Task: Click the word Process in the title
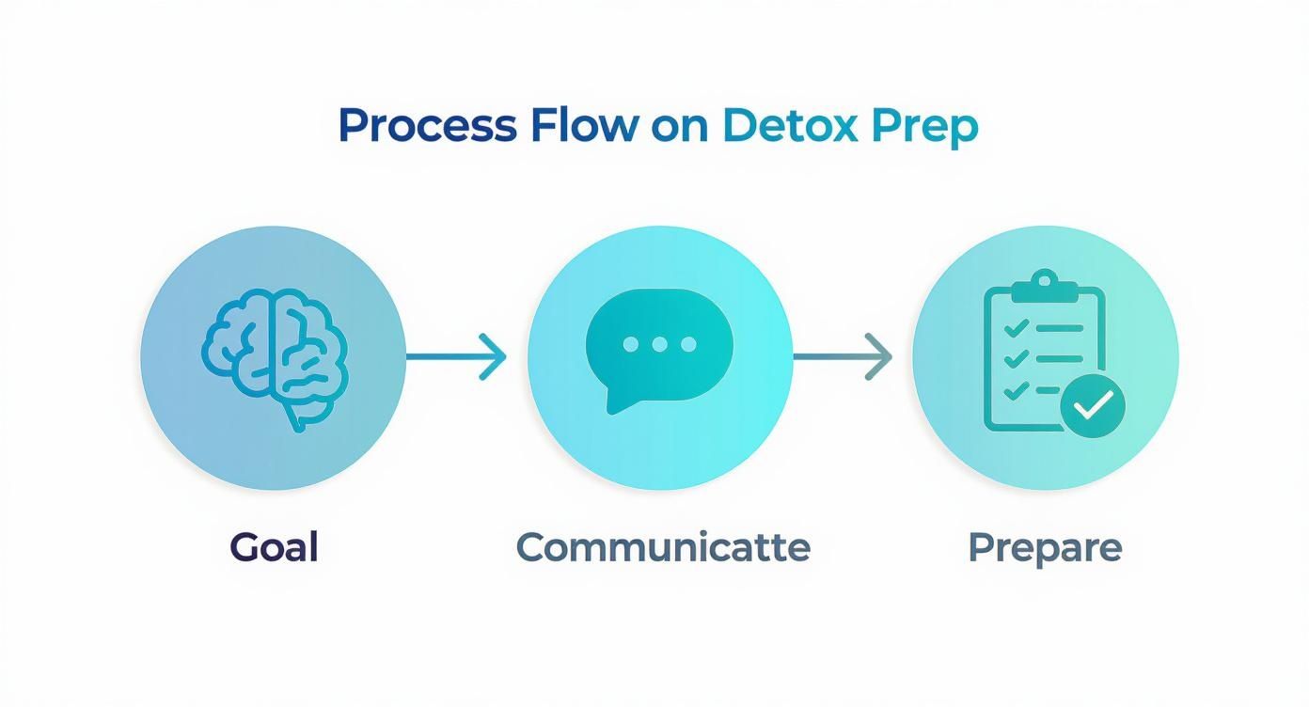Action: tap(426, 127)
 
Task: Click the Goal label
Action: tap(274, 547)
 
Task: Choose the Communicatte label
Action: tap(663, 547)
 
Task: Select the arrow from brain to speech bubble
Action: tap(456, 356)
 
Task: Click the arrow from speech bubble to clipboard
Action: tap(842, 356)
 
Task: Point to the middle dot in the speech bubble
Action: tap(659, 344)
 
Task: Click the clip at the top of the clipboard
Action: tap(1044, 284)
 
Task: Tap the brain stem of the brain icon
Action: tap(297, 417)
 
